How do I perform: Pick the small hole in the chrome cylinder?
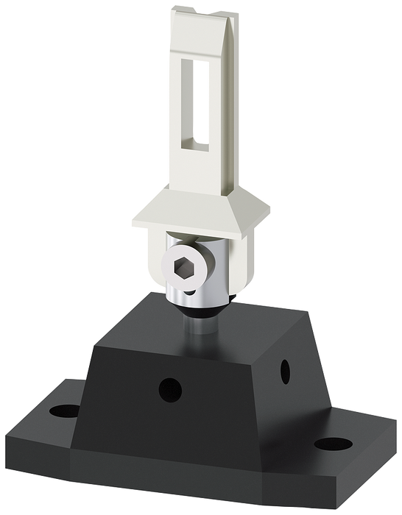tap(190, 292)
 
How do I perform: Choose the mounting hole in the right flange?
tap(335, 444)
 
